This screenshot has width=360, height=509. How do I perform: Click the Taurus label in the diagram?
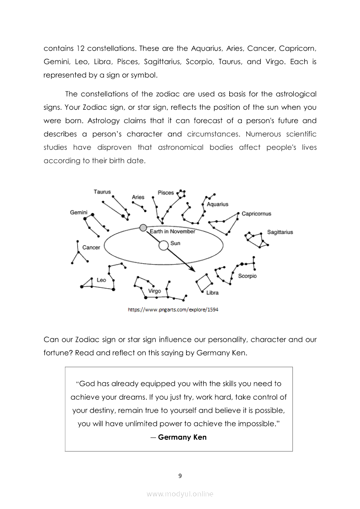102,192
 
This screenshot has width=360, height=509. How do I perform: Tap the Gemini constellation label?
78,212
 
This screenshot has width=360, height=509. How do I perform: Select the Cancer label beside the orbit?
91,247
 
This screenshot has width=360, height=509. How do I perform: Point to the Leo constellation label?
101,280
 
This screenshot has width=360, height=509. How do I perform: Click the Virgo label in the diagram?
154,291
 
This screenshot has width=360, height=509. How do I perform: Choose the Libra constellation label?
212,293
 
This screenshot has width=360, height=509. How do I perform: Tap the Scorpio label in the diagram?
247,276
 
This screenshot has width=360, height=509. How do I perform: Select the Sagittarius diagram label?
280,232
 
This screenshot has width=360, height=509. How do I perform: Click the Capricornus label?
256,214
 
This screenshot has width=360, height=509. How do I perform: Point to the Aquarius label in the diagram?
217,204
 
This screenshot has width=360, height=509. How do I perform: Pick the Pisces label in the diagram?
166,192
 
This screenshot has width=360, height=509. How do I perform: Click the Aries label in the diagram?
138,197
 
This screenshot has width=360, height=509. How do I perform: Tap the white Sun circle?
163,246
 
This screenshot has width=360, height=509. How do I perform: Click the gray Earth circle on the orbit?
143,228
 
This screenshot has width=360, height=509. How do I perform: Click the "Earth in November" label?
173,232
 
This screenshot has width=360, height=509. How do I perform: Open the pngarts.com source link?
173,310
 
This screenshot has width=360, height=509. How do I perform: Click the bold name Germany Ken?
182,437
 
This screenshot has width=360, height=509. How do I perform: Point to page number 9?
180,475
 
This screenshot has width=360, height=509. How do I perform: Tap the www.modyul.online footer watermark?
180,494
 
